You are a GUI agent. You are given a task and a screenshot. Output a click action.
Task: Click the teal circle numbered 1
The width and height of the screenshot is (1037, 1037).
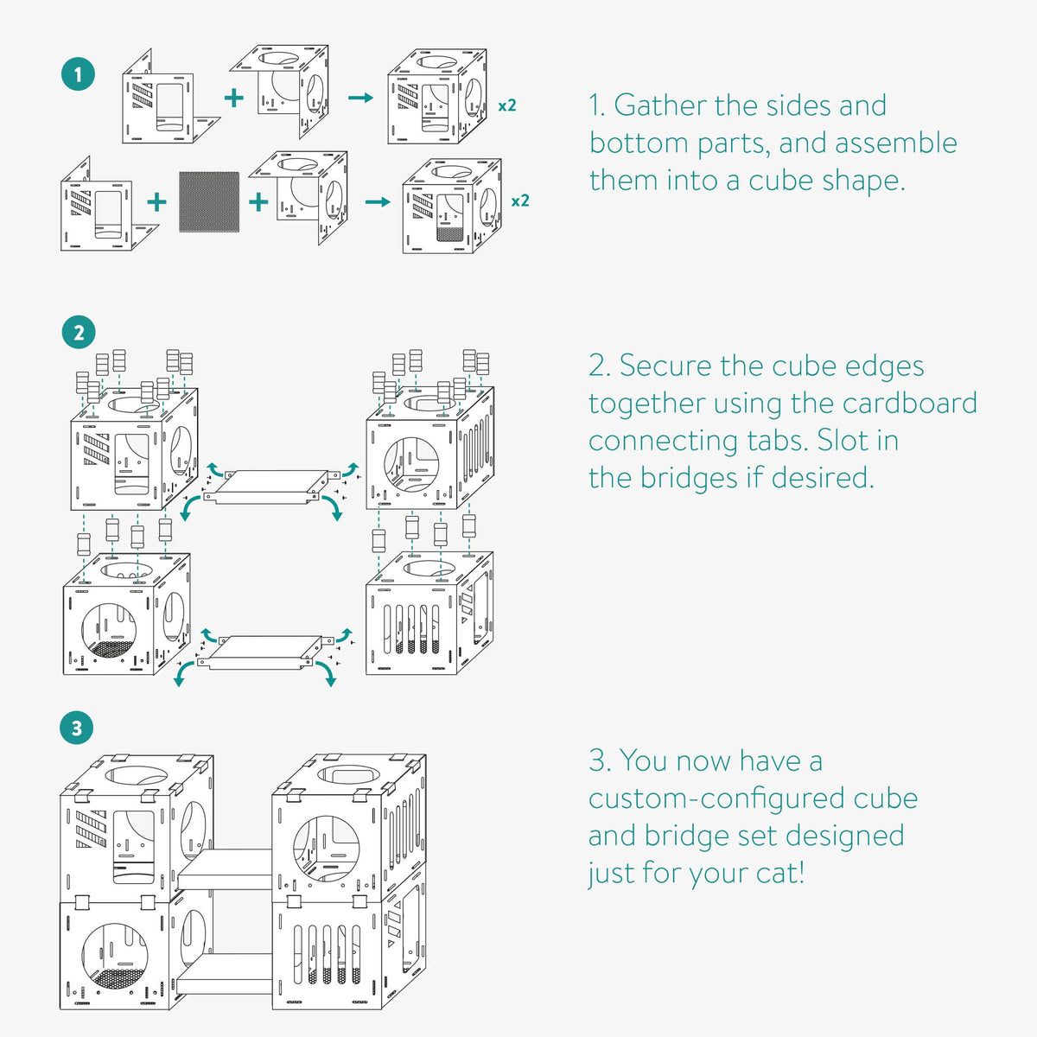coord(79,74)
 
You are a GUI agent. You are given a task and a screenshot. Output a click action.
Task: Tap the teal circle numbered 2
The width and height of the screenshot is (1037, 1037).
coord(79,333)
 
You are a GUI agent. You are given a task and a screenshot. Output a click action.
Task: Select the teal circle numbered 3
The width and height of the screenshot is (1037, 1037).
coord(77,728)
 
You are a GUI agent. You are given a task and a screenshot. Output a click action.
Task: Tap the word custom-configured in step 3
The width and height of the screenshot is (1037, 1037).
coord(716,798)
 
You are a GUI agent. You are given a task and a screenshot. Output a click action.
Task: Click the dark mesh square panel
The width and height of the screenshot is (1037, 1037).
coord(209,201)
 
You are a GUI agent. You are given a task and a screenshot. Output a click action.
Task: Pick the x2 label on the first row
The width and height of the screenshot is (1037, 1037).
coord(507,105)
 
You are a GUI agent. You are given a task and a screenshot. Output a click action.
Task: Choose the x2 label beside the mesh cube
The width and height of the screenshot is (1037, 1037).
coord(519,201)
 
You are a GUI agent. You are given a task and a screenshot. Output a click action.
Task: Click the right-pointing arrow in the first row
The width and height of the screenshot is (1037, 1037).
coord(360,97)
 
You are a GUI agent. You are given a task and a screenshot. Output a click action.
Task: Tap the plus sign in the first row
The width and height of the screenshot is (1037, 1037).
coord(233,97)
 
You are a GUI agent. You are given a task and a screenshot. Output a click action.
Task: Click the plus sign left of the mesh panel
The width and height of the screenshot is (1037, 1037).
coord(156,202)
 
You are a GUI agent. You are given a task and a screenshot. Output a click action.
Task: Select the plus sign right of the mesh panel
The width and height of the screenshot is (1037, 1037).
coord(258,202)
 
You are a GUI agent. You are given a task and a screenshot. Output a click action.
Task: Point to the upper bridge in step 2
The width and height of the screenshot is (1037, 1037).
coord(269,487)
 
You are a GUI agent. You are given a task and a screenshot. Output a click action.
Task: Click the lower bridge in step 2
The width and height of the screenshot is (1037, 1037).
coord(265,652)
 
